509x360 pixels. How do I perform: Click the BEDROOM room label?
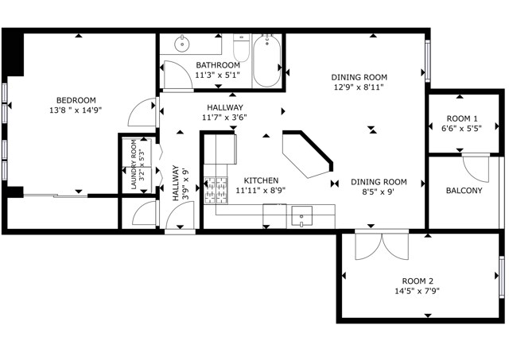click(x=76, y=100)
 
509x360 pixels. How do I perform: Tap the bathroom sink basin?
click(x=182, y=44)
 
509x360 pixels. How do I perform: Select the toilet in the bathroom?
click(x=241, y=48)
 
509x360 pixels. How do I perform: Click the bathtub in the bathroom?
click(x=266, y=60)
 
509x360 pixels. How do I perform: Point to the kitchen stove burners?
click(x=216, y=190)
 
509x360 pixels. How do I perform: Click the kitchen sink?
click(x=301, y=216)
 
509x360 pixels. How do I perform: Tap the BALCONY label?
click(x=464, y=191)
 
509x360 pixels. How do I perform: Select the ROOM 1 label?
click(x=462, y=118)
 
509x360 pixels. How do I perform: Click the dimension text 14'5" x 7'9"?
click(x=417, y=291)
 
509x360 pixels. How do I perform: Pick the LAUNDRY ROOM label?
click(x=134, y=165)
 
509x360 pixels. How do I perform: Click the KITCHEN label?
click(x=261, y=180)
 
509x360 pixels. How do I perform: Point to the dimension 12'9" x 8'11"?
click(x=359, y=87)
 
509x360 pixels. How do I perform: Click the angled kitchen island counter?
click(x=306, y=154)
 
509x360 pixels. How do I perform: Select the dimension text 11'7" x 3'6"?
click(x=224, y=117)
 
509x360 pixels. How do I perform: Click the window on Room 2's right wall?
click(x=502, y=277)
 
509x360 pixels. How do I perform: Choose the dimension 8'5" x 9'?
click(x=379, y=192)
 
